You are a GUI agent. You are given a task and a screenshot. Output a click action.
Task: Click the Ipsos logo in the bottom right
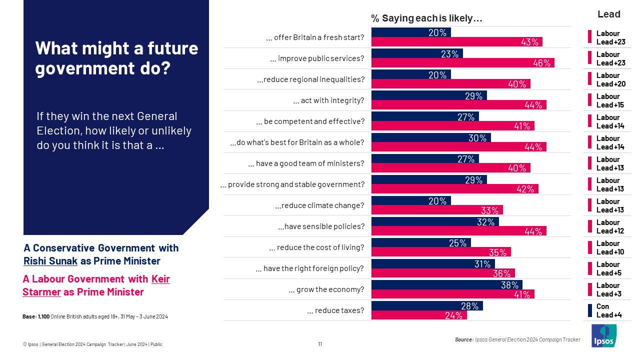(604, 335)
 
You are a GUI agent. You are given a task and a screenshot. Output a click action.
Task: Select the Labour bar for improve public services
(462, 63)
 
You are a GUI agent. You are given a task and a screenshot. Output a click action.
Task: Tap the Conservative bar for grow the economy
(446, 285)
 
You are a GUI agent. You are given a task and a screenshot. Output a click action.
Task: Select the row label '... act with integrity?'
(328, 100)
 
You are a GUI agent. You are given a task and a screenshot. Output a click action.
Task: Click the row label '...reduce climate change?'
(319, 205)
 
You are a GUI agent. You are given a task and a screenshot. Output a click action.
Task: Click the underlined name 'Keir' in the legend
(160, 279)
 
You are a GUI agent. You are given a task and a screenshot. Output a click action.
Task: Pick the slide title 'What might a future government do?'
(116, 58)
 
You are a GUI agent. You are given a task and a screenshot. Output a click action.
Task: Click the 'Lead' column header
(608, 14)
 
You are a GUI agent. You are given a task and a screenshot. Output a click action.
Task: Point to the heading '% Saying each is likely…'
(426, 18)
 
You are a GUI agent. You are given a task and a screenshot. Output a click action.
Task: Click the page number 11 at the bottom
(320, 344)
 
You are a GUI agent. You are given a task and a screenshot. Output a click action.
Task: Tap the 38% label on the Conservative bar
(509, 285)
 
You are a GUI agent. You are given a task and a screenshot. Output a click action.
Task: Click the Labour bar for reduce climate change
(436, 210)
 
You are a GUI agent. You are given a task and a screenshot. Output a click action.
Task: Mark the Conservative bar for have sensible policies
(434, 222)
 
